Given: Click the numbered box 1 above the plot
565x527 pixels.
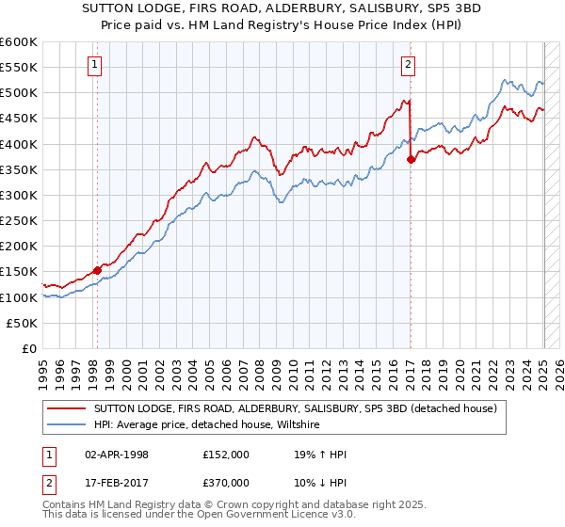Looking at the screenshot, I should [x=96, y=65].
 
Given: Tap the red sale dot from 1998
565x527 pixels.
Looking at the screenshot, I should [x=97, y=270].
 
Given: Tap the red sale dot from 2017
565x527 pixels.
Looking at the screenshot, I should [x=411, y=160].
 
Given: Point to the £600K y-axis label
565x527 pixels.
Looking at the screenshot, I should [x=19, y=42].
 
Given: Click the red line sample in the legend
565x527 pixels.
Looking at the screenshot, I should [x=67, y=409].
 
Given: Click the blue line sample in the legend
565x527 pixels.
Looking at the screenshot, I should [x=67, y=425].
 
